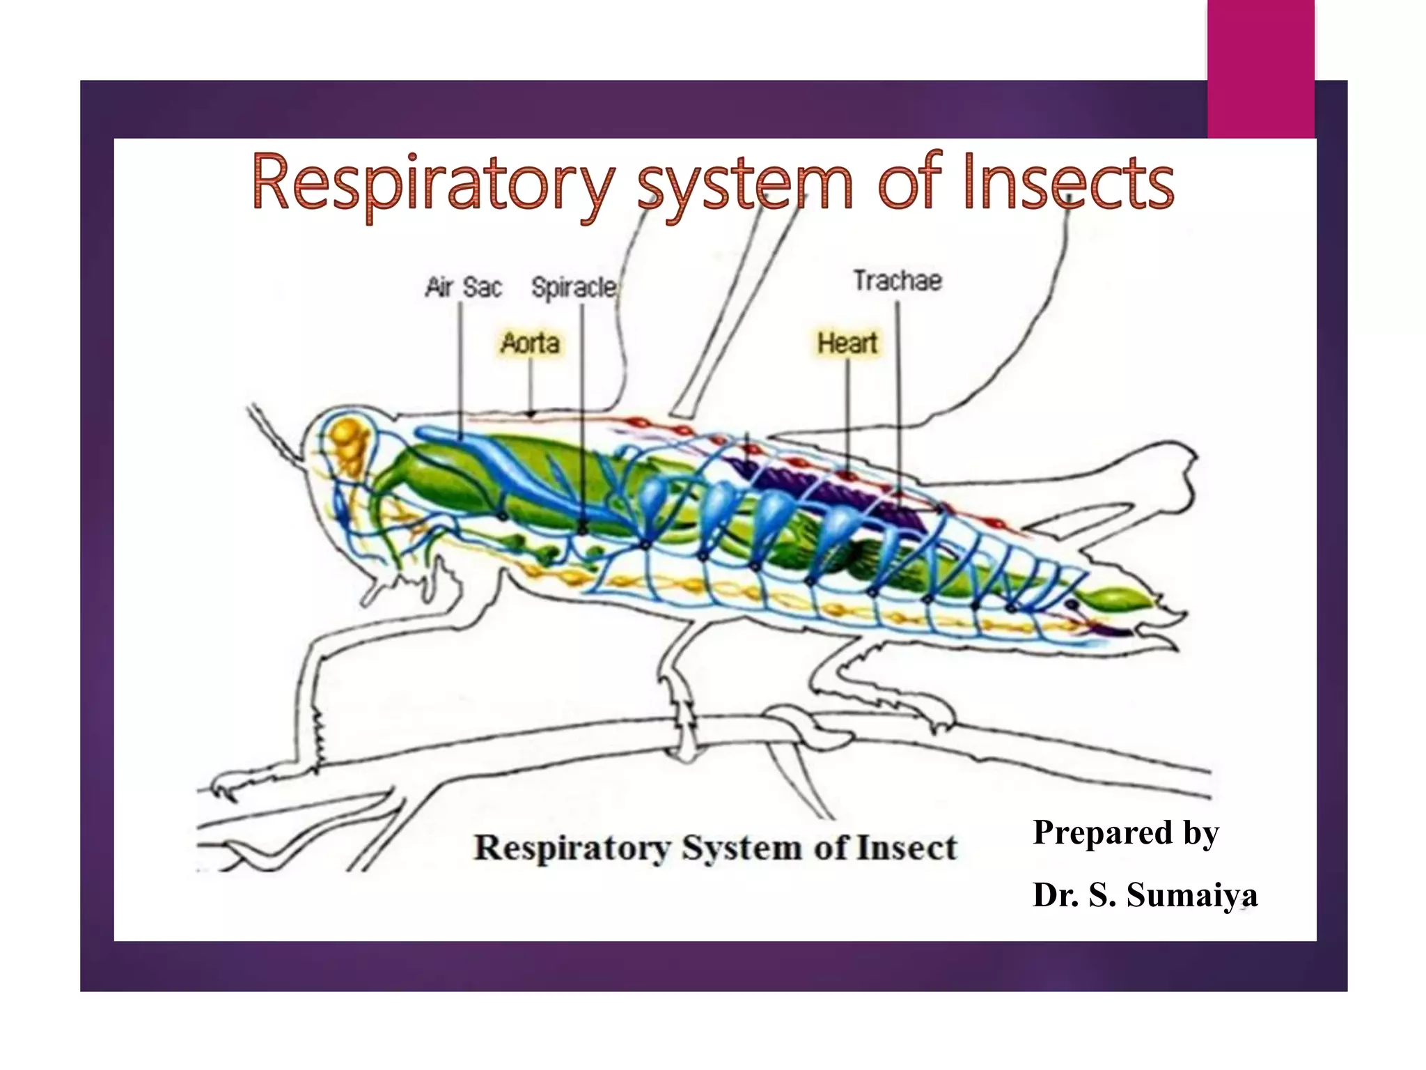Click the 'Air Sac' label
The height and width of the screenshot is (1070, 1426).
463,287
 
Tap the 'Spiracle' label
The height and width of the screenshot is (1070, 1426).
574,287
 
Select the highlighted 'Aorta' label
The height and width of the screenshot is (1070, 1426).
530,343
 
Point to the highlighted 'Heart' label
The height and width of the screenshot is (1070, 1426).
847,343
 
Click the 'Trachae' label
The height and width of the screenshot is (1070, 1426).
898,281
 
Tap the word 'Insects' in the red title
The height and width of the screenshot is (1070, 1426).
1069,183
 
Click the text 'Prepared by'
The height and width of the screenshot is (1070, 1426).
1125,832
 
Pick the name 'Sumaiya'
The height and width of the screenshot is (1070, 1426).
1192,894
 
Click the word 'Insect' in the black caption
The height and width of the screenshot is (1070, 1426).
907,848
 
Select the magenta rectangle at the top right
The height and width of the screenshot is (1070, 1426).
1260,70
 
